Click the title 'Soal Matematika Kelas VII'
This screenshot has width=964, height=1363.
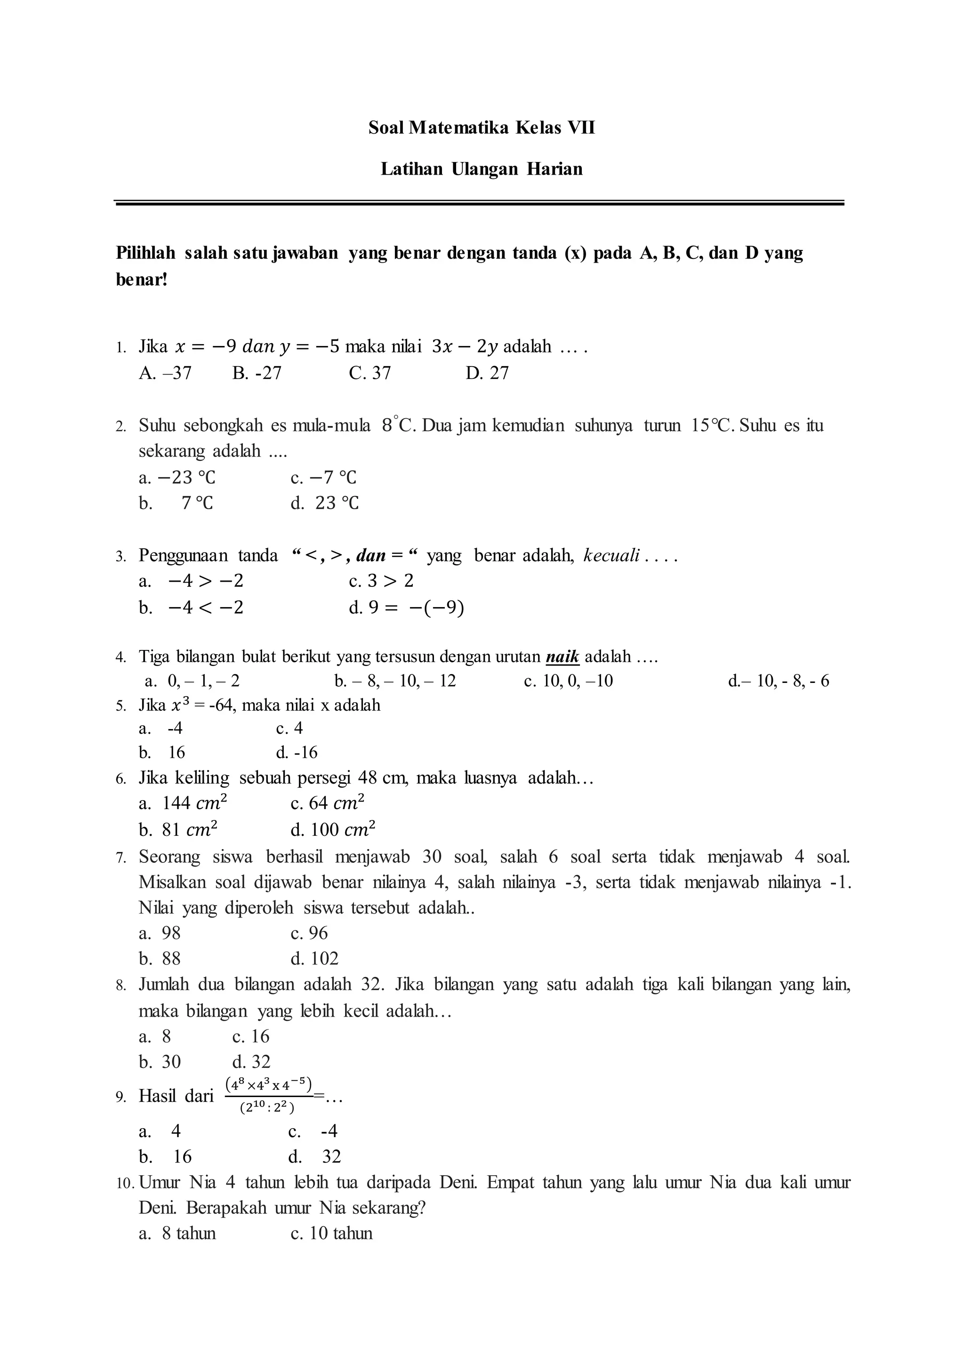point(482,128)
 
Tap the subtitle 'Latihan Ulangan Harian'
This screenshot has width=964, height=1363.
point(482,169)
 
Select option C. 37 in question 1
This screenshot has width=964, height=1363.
point(370,373)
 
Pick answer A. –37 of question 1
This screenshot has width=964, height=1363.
point(165,373)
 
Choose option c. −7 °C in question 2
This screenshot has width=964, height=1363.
point(323,477)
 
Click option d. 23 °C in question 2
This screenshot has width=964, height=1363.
point(325,504)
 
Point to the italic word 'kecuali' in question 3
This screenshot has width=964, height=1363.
point(611,556)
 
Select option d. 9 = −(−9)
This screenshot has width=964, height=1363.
point(407,608)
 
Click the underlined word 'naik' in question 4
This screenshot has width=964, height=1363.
point(562,657)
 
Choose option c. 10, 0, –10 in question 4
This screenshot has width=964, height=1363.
point(568,681)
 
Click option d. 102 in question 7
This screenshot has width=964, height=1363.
point(314,959)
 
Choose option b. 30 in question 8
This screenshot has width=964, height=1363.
point(160,1062)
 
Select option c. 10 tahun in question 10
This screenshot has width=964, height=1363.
point(331,1234)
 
